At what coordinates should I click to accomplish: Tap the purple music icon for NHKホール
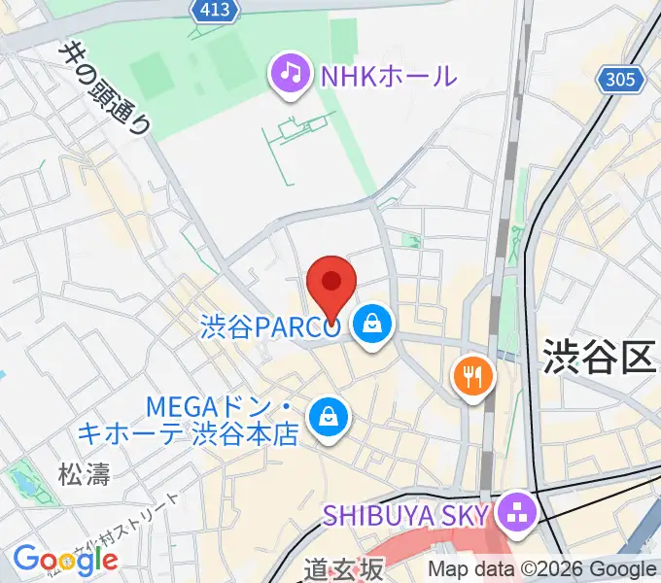pos(289,74)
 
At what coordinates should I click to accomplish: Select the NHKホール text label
pos(387,74)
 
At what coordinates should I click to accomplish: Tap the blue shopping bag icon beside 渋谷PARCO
pos(372,326)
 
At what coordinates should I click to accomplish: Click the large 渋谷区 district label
pos(599,357)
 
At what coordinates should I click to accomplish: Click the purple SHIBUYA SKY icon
pos(515,513)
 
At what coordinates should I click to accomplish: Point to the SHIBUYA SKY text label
pos(407,513)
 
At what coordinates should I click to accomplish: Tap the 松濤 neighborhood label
pos(85,473)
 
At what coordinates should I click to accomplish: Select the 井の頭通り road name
pos(106,87)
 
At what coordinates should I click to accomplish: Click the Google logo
pos(65,559)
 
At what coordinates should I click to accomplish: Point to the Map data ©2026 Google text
pos(541,569)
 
